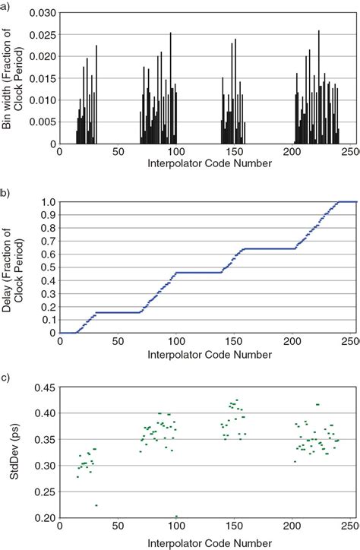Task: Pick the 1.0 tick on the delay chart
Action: [49, 201]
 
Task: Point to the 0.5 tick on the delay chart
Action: [49, 267]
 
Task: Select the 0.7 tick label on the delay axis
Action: [49, 241]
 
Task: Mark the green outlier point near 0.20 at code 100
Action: [176, 517]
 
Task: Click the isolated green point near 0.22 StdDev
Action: [96, 505]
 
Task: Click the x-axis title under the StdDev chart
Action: [202, 543]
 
